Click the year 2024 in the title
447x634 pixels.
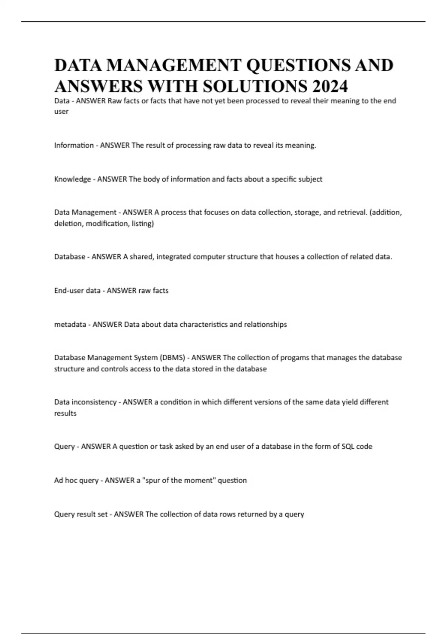[x=330, y=87]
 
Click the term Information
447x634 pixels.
[x=74, y=145]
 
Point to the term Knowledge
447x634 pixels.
[x=73, y=179]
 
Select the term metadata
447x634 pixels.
[x=70, y=324]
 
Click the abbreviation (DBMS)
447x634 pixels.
[x=172, y=358]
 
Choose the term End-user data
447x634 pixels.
[x=77, y=291]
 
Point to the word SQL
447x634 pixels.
[x=348, y=446]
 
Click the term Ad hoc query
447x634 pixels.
[x=76, y=480]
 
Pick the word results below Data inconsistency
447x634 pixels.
[x=65, y=413]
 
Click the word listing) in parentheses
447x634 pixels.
[x=143, y=224]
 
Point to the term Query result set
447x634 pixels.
[x=81, y=514]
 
